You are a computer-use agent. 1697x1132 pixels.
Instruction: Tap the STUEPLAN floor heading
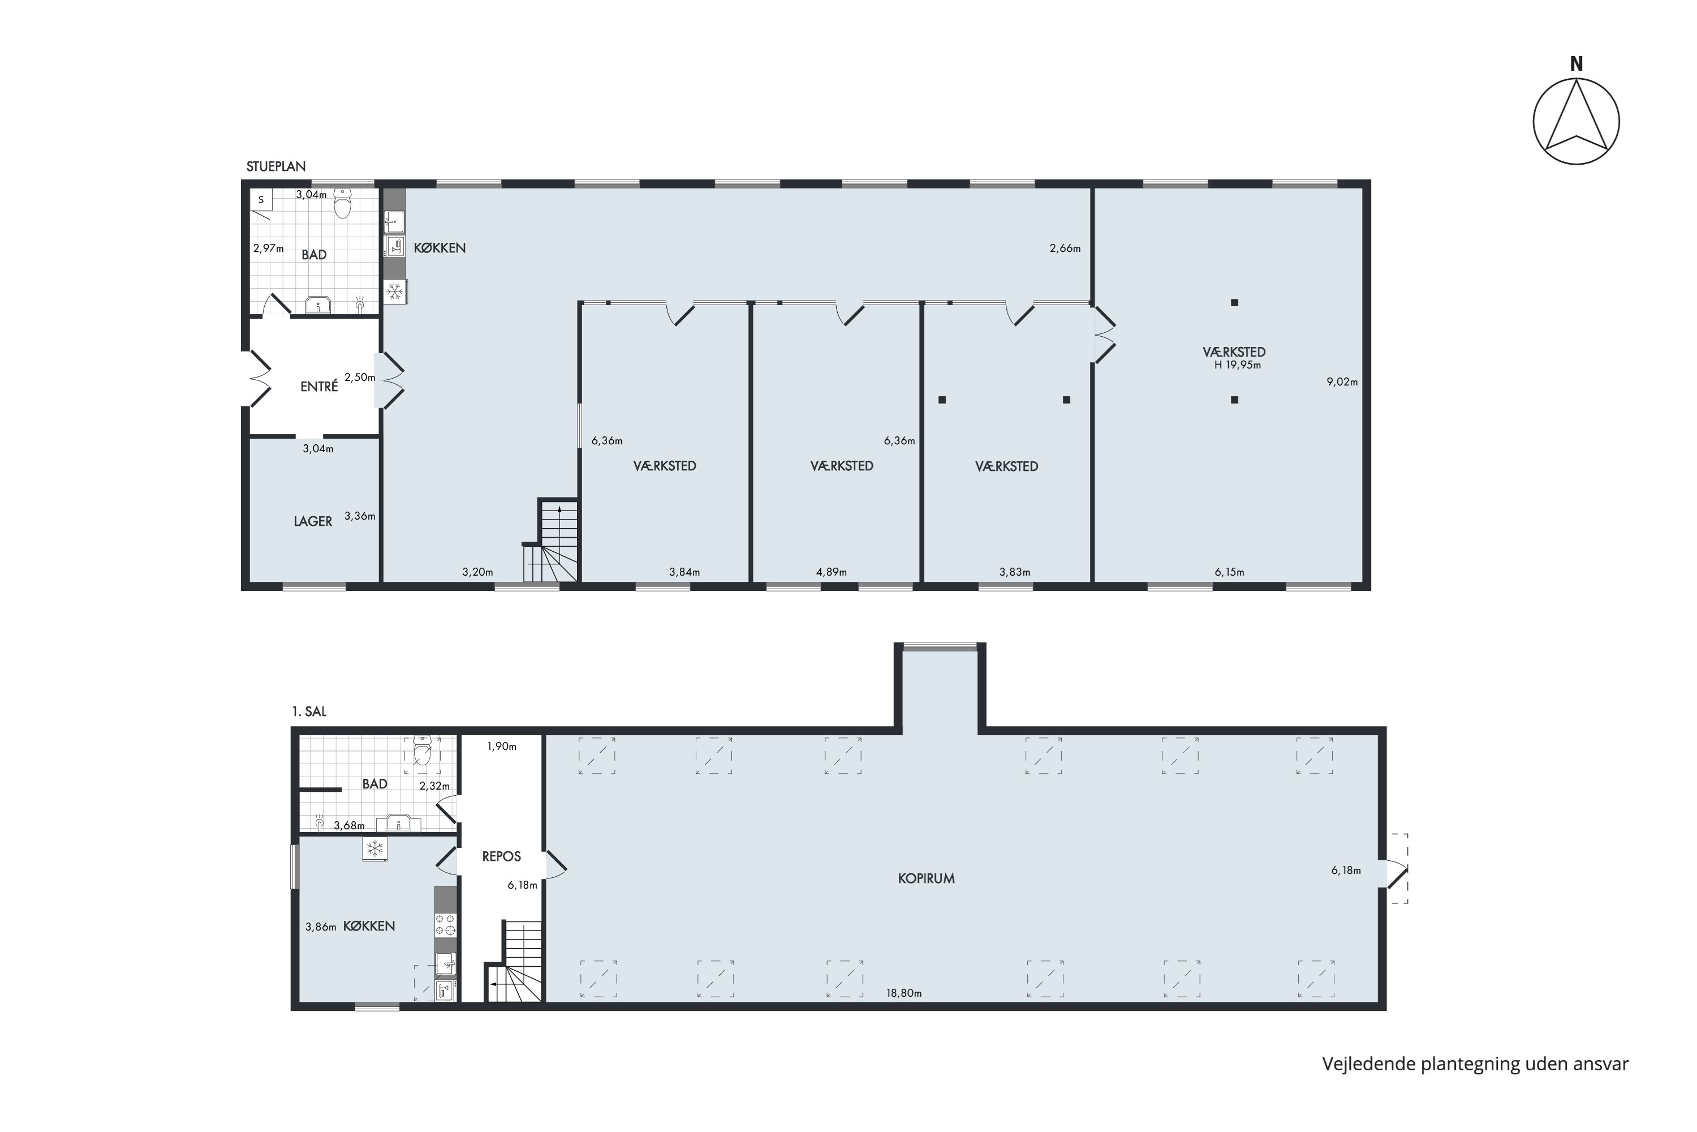click(275, 166)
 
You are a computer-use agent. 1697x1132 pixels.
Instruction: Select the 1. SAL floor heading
click(309, 711)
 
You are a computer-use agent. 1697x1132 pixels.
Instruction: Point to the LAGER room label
click(312, 521)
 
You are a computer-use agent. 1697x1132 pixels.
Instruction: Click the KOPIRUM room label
click(925, 878)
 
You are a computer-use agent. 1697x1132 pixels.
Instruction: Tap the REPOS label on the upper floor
click(501, 856)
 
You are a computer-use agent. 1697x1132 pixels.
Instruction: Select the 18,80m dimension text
click(904, 993)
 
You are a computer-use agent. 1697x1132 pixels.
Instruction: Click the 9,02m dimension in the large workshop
click(1342, 382)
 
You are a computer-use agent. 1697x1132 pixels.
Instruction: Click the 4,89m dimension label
click(831, 572)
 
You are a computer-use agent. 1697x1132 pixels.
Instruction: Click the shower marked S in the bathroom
click(261, 204)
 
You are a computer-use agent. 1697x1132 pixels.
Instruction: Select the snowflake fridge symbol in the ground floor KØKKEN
click(395, 291)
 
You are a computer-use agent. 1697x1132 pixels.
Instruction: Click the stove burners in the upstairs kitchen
click(446, 925)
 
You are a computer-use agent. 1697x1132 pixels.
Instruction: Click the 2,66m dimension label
click(1065, 248)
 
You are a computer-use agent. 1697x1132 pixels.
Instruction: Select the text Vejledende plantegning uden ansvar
click(1475, 1064)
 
